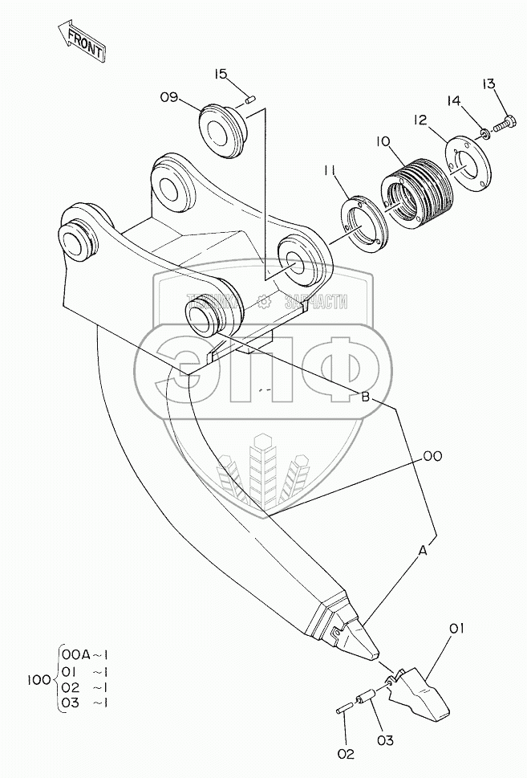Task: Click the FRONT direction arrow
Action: coord(82,42)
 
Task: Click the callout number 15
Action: coord(222,74)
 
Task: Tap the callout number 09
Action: coord(168,97)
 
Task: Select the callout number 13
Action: coord(488,84)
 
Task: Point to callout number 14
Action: coord(454,101)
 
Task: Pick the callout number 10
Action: coord(382,141)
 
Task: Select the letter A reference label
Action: coord(422,551)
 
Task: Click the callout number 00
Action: coord(432,456)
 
